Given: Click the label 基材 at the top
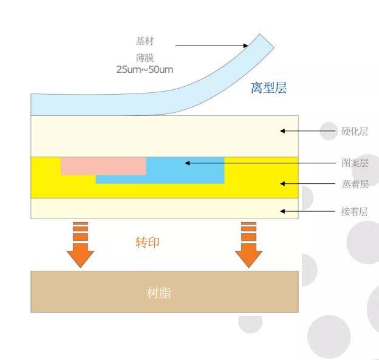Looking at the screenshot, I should (145, 41).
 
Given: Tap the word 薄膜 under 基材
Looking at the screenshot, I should (145, 58).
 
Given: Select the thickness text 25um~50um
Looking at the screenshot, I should (145, 69).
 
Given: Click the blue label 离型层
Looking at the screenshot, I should (268, 89).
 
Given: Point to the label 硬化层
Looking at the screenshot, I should (355, 131).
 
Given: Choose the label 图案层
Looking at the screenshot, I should (355, 163).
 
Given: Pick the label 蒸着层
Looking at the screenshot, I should (355, 184).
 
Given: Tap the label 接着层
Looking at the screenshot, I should (355, 211).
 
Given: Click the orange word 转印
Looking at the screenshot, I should (147, 242).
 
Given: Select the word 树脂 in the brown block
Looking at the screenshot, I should (159, 293).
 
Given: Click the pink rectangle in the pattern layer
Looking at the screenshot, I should (103, 166).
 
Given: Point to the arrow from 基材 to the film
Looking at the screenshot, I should (212, 46).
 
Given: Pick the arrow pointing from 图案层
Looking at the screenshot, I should (261, 163).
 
